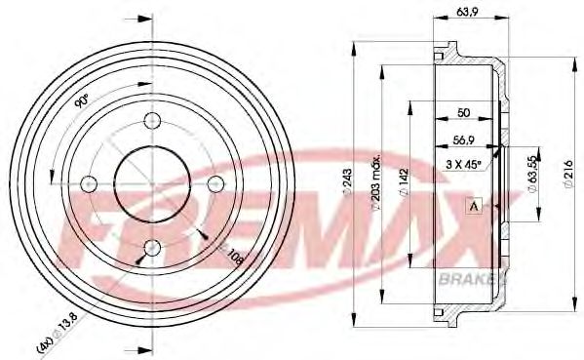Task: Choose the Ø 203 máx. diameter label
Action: [x=374, y=181]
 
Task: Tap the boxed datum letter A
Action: [x=475, y=206]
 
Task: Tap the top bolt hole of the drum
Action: [x=151, y=121]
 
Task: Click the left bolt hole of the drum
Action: [x=90, y=182]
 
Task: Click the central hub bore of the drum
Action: [x=151, y=182]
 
